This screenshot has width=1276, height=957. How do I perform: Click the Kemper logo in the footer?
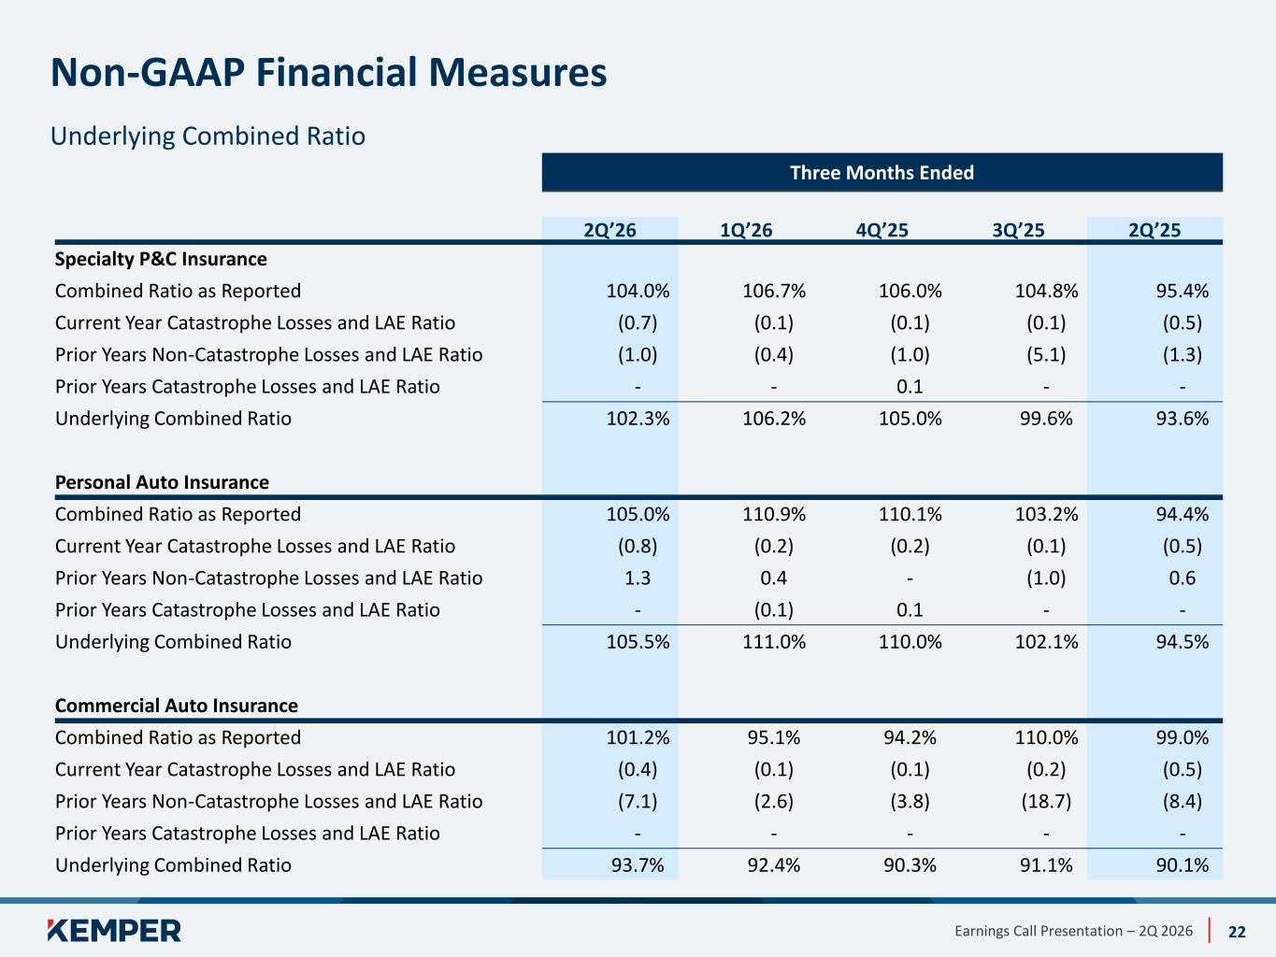(x=114, y=930)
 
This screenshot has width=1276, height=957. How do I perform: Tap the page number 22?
(x=1237, y=932)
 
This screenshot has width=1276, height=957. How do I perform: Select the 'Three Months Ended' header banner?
(x=882, y=173)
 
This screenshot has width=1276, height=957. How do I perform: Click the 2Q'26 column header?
(x=609, y=230)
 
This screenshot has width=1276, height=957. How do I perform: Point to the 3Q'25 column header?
(x=1018, y=230)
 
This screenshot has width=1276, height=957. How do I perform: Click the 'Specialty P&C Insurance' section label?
(x=161, y=259)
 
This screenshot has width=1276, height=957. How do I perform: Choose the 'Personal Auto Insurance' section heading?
(x=163, y=482)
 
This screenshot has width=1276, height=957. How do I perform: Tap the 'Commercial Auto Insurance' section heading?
(x=176, y=706)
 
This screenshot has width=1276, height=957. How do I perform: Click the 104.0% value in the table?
(x=638, y=291)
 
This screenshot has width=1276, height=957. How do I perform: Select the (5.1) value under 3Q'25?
(x=1046, y=354)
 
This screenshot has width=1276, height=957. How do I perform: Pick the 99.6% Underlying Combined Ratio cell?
(x=1046, y=419)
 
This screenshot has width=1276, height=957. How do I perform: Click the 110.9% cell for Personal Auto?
(x=774, y=514)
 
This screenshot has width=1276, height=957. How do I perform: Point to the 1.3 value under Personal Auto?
(x=638, y=578)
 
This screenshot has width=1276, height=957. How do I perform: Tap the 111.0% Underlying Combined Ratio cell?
(x=774, y=642)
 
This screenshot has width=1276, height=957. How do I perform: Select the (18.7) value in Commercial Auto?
(x=1046, y=801)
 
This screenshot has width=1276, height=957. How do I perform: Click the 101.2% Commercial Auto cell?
(x=638, y=737)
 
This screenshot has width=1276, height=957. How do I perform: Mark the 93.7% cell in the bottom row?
(x=638, y=865)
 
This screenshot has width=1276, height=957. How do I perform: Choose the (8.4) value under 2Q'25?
(x=1182, y=801)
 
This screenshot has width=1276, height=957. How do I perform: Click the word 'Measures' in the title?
(x=518, y=73)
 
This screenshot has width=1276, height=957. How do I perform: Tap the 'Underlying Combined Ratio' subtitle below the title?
(x=208, y=136)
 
